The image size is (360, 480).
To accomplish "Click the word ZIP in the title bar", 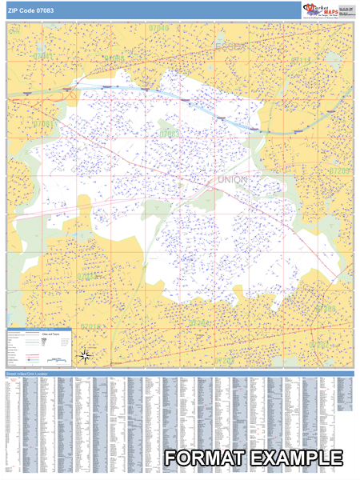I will (14, 10).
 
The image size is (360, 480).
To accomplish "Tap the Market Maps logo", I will (321, 10).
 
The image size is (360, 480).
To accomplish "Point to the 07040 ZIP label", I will (158, 28).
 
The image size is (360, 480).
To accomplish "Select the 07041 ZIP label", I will (43, 56).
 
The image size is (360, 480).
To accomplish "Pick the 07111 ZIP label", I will (302, 60).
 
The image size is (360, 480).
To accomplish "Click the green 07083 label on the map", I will (169, 133).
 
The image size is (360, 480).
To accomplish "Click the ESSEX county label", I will (233, 49).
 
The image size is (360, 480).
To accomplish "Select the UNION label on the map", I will (233, 180).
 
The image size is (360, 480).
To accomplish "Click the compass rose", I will (87, 355).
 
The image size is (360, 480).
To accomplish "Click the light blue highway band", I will (216, 113).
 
